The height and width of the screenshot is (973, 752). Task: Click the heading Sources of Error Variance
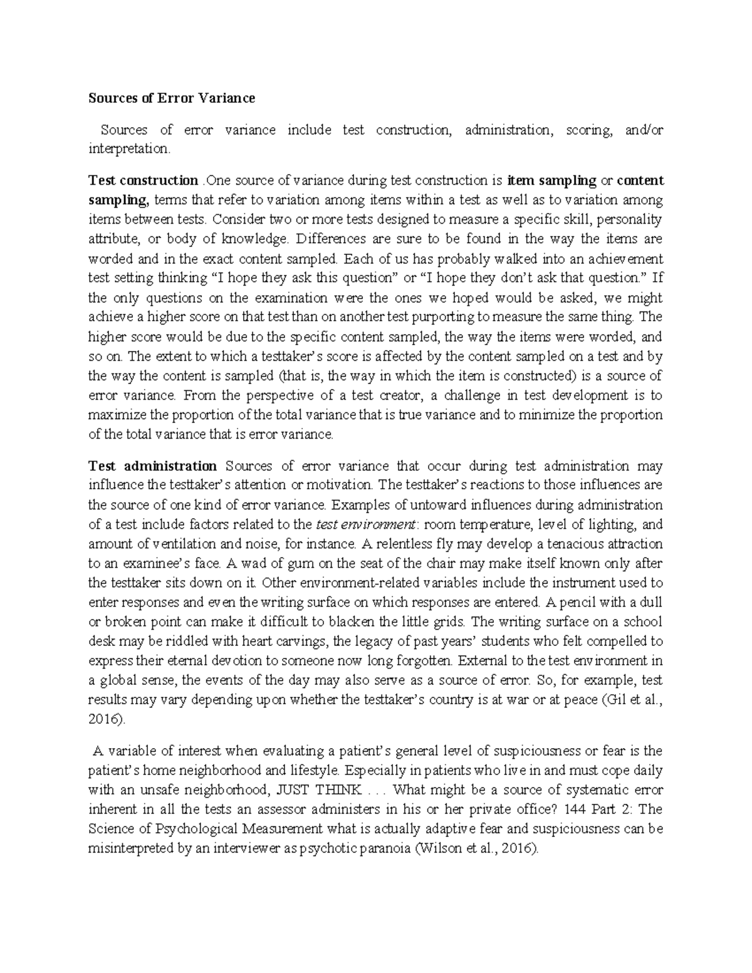pyautogui.click(x=172, y=98)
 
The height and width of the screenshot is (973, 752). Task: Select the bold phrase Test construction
pyautogui.click(x=143, y=180)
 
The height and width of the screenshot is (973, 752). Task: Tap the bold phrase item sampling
pyautogui.click(x=551, y=180)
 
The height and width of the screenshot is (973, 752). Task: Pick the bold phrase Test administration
pyautogui.click(x=152, y=466)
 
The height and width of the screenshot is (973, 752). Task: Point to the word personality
pyautogui.click(x=630, y=219)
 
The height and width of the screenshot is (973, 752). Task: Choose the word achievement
pyautogui.click(x=626, y=259)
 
